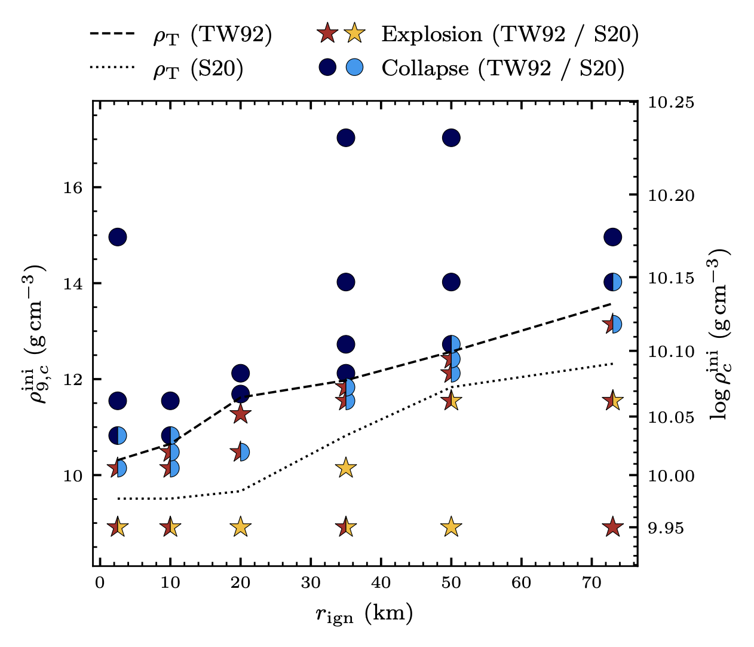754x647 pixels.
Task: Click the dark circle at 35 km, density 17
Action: [346, 138]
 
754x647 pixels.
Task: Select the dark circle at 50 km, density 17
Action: [451, 138]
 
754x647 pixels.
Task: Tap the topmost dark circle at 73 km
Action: [613, 237]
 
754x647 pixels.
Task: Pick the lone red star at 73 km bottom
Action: [613, 527]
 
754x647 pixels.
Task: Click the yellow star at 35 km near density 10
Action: [346, 468]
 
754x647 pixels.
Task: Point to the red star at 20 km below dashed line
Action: [240, 414]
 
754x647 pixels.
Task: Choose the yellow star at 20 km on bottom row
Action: [240, 527]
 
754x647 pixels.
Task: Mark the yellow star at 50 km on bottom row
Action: [451, 527]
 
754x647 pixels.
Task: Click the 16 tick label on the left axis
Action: [72, 188]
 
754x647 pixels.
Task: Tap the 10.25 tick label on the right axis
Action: [671, 103]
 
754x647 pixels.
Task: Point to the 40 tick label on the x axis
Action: [381, 583]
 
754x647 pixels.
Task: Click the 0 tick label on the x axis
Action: [100, 583]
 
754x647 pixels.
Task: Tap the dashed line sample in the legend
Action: [112, 34]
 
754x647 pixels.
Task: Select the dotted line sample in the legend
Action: [112, 67]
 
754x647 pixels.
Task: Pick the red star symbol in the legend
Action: [327, 33]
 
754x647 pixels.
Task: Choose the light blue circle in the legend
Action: [354, 67]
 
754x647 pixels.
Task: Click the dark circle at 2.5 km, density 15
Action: [118, 237]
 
